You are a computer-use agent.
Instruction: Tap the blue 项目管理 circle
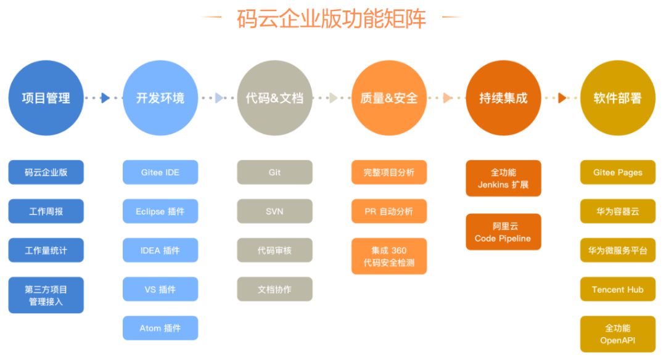click(46, 98)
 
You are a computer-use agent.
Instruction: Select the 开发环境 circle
click(160, 98)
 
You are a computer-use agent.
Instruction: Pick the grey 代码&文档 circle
click(274, 98)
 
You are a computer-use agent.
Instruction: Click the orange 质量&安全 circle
click(389, 98)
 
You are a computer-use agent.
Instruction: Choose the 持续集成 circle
click(503, 98)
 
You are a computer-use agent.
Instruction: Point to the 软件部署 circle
click(617, 98)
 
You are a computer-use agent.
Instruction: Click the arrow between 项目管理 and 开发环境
click(105, 98)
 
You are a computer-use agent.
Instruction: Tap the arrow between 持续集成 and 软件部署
click(562, 98)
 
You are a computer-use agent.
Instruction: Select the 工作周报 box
click(46, 211)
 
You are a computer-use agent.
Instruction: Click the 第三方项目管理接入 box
click(46, 295)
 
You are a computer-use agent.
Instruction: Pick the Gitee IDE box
click(160, 173)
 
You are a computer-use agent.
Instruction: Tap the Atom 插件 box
click(160, 328)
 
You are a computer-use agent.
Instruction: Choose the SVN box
click(274, 211)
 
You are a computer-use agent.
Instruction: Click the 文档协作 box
click(274, 289)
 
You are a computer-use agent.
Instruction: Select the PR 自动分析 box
click(389, 211)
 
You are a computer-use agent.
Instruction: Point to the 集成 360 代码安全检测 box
click(389, 256)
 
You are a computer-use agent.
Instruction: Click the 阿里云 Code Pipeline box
click(503, 232)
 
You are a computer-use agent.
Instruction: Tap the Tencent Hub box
click(617, 289)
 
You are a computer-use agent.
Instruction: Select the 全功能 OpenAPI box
click(617, 334)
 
